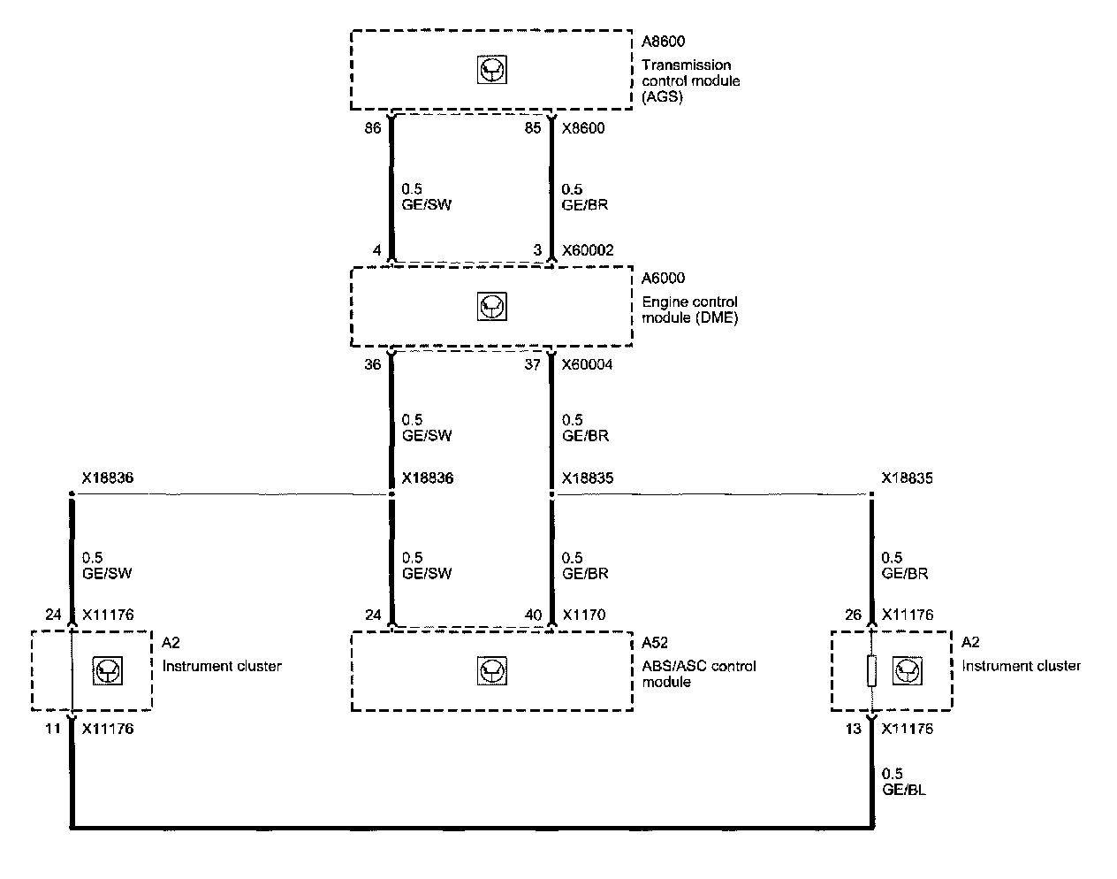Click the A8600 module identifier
tap(664, 42)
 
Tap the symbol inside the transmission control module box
tap(491, 70)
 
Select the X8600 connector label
tap(583, 128)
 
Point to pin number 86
tap(372, 128)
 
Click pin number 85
tap(532, 128)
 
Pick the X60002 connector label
tap(588, 251)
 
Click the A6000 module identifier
tap(664, 279)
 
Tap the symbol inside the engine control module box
tap(491, 307)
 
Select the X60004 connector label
tap(588, 363)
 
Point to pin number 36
tap(372, 363)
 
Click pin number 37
tap(532, 363)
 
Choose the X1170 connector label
tap(583, 615)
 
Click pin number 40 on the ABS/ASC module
tap(532, 615)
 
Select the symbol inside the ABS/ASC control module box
tap(491, 671)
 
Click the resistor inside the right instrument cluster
tap(871, 671)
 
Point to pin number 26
tap(853, 615)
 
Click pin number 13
tap(853, 730)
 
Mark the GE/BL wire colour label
tap(904, 790)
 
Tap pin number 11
tap(53, 730)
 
